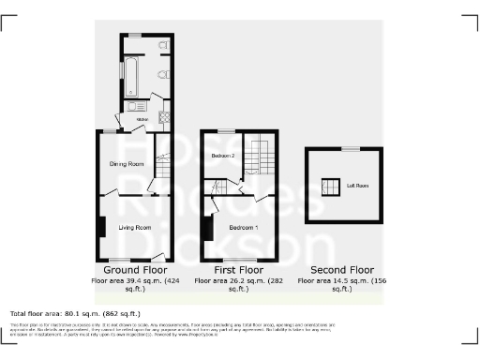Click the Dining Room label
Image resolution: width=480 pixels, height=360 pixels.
tap(127, 164)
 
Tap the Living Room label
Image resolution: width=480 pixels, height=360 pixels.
tap(135, 227)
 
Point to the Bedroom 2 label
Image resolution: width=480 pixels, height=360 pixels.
tap(222, 154)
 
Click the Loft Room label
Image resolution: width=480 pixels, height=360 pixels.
tap(357, 186)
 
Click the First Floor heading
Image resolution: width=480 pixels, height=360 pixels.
tap(237, 268)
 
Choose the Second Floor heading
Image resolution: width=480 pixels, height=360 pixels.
tap(341, 268)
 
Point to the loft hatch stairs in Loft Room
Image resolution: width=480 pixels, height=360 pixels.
tap(329, 184)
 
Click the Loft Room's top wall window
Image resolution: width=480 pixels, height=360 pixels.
tap(349, 148)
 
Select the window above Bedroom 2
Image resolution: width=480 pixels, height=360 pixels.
tap(225, 129)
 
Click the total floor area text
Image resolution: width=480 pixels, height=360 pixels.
tap(75, 313)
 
